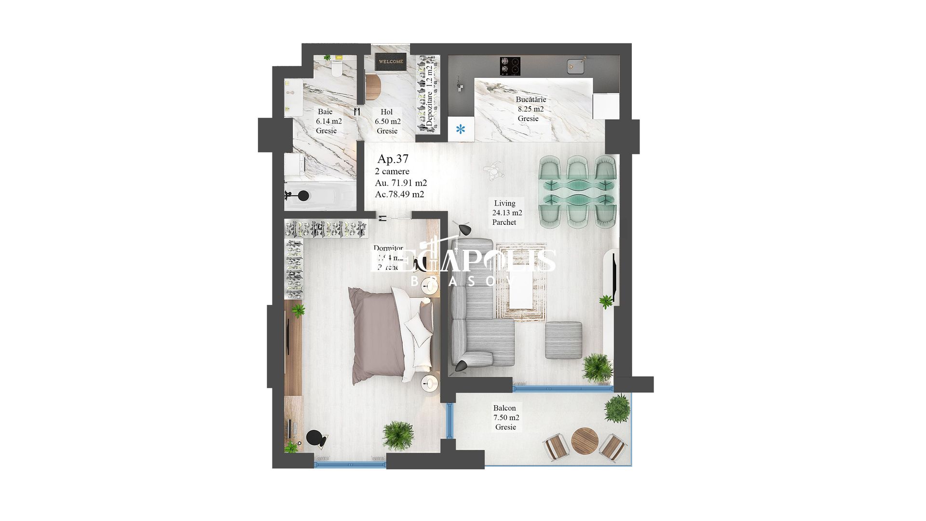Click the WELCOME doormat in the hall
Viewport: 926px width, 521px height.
(391, 62)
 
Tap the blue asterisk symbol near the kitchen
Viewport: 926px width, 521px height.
(461, 129)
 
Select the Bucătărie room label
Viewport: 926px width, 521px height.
(531, 100)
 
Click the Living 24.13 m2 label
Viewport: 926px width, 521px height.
(506, 213)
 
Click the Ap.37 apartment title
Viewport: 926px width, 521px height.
(393, 159)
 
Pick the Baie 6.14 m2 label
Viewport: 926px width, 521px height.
(328, 121)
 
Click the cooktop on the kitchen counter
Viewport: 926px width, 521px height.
(509, 66)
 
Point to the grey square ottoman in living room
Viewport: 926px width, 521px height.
(563, 340)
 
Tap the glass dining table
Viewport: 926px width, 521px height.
(578, 192)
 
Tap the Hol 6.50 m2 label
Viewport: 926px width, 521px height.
(387, 122)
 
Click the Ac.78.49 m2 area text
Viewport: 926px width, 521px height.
(399, 194)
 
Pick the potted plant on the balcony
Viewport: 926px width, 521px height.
(617, 408)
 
